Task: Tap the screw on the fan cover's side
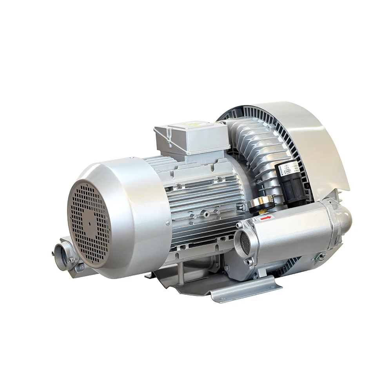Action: (x=168, y=223)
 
